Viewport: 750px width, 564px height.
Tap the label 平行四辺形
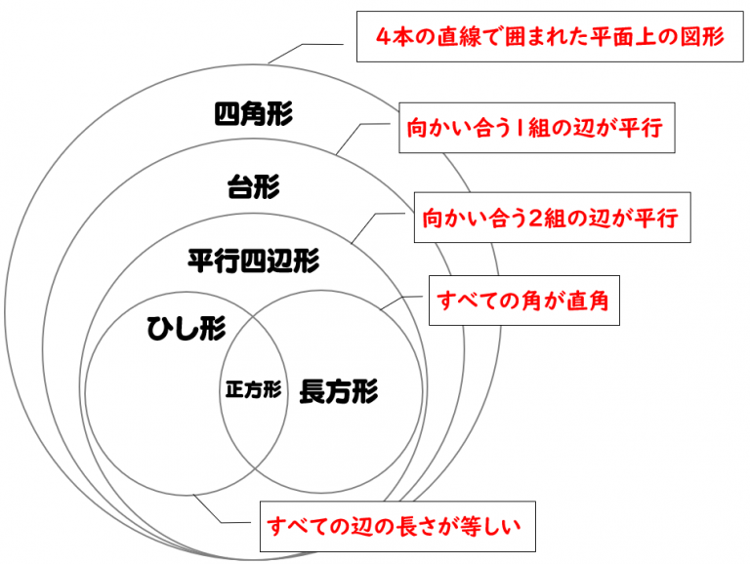[253, 261]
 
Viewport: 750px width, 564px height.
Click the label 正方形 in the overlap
[253, 389]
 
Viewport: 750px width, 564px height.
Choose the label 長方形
[337, 390]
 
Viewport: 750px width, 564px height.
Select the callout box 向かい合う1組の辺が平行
[540, 129]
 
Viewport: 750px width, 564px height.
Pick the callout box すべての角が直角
[524, 302]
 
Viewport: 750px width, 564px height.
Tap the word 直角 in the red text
[589, 302]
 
